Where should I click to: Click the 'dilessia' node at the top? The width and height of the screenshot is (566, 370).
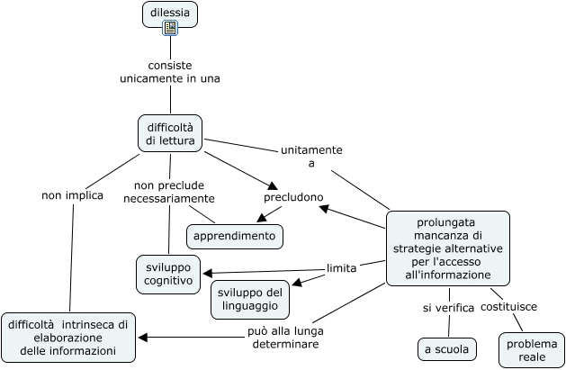coord(170,14)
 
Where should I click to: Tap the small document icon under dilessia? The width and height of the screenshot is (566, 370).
coord(170,28)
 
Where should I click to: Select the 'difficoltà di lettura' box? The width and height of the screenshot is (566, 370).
coord(170,133)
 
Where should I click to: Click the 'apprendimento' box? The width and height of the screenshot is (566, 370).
coord(235,237)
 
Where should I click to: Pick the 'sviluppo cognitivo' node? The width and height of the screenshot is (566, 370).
coord(168,275)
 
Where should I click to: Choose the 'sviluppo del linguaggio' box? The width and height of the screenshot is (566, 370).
coord(250,300)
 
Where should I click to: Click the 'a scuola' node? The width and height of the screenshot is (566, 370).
coord(447,349)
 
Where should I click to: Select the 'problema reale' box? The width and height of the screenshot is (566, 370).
coord(532,350)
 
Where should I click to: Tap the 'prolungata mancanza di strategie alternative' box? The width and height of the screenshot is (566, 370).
coord(448,248)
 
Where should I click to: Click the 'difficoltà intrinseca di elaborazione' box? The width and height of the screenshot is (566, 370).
coord(68,338)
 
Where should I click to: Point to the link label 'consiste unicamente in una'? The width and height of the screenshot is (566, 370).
coord(170,72)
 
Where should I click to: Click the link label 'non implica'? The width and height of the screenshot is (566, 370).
coord(73,195)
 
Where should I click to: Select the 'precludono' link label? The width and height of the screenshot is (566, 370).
coord(293,197)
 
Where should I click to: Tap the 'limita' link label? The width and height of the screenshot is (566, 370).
coord(341,268)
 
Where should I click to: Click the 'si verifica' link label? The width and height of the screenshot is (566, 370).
coord(448,308)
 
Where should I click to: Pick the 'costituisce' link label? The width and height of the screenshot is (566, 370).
coord(508,306)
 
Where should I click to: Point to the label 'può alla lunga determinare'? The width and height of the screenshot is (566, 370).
coord(285,338)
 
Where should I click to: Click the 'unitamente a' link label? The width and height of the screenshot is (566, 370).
coord(311,157)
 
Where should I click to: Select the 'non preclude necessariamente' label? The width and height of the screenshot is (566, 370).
coord(169,192)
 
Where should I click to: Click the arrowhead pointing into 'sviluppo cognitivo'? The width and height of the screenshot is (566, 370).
coord(208,274)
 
